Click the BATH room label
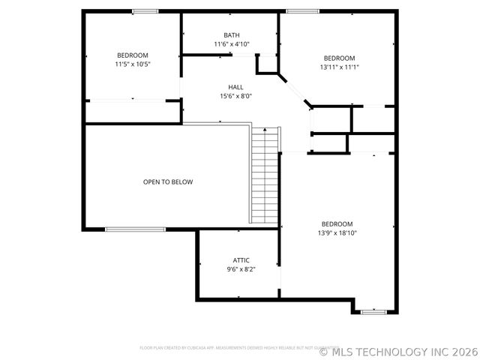[x=232, y=35]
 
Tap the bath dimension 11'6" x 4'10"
[x=232, y=44]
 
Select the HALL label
[x=235, y=87]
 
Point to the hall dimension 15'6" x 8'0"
[x=235, y=96]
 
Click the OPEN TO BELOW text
[x=168, y=182]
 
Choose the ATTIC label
[x=241, y=260]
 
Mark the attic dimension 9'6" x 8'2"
[x=241, y=269]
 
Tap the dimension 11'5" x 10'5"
[x=132, y=64]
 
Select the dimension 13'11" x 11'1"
[x=339, y=67]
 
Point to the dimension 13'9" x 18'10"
[x=337, y=233]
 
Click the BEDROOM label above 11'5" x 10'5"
[x=132, y=55]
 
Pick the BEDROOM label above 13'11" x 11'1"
[x=339, y=58]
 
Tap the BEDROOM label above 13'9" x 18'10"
[x=337, y=224]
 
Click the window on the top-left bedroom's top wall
[x=145, y=11]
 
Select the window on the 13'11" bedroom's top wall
[x=299, y=11]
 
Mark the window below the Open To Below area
[x=135, y=229]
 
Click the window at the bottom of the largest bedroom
[x=372, y=310]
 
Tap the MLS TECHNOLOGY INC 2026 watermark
[x=397, y=351]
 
